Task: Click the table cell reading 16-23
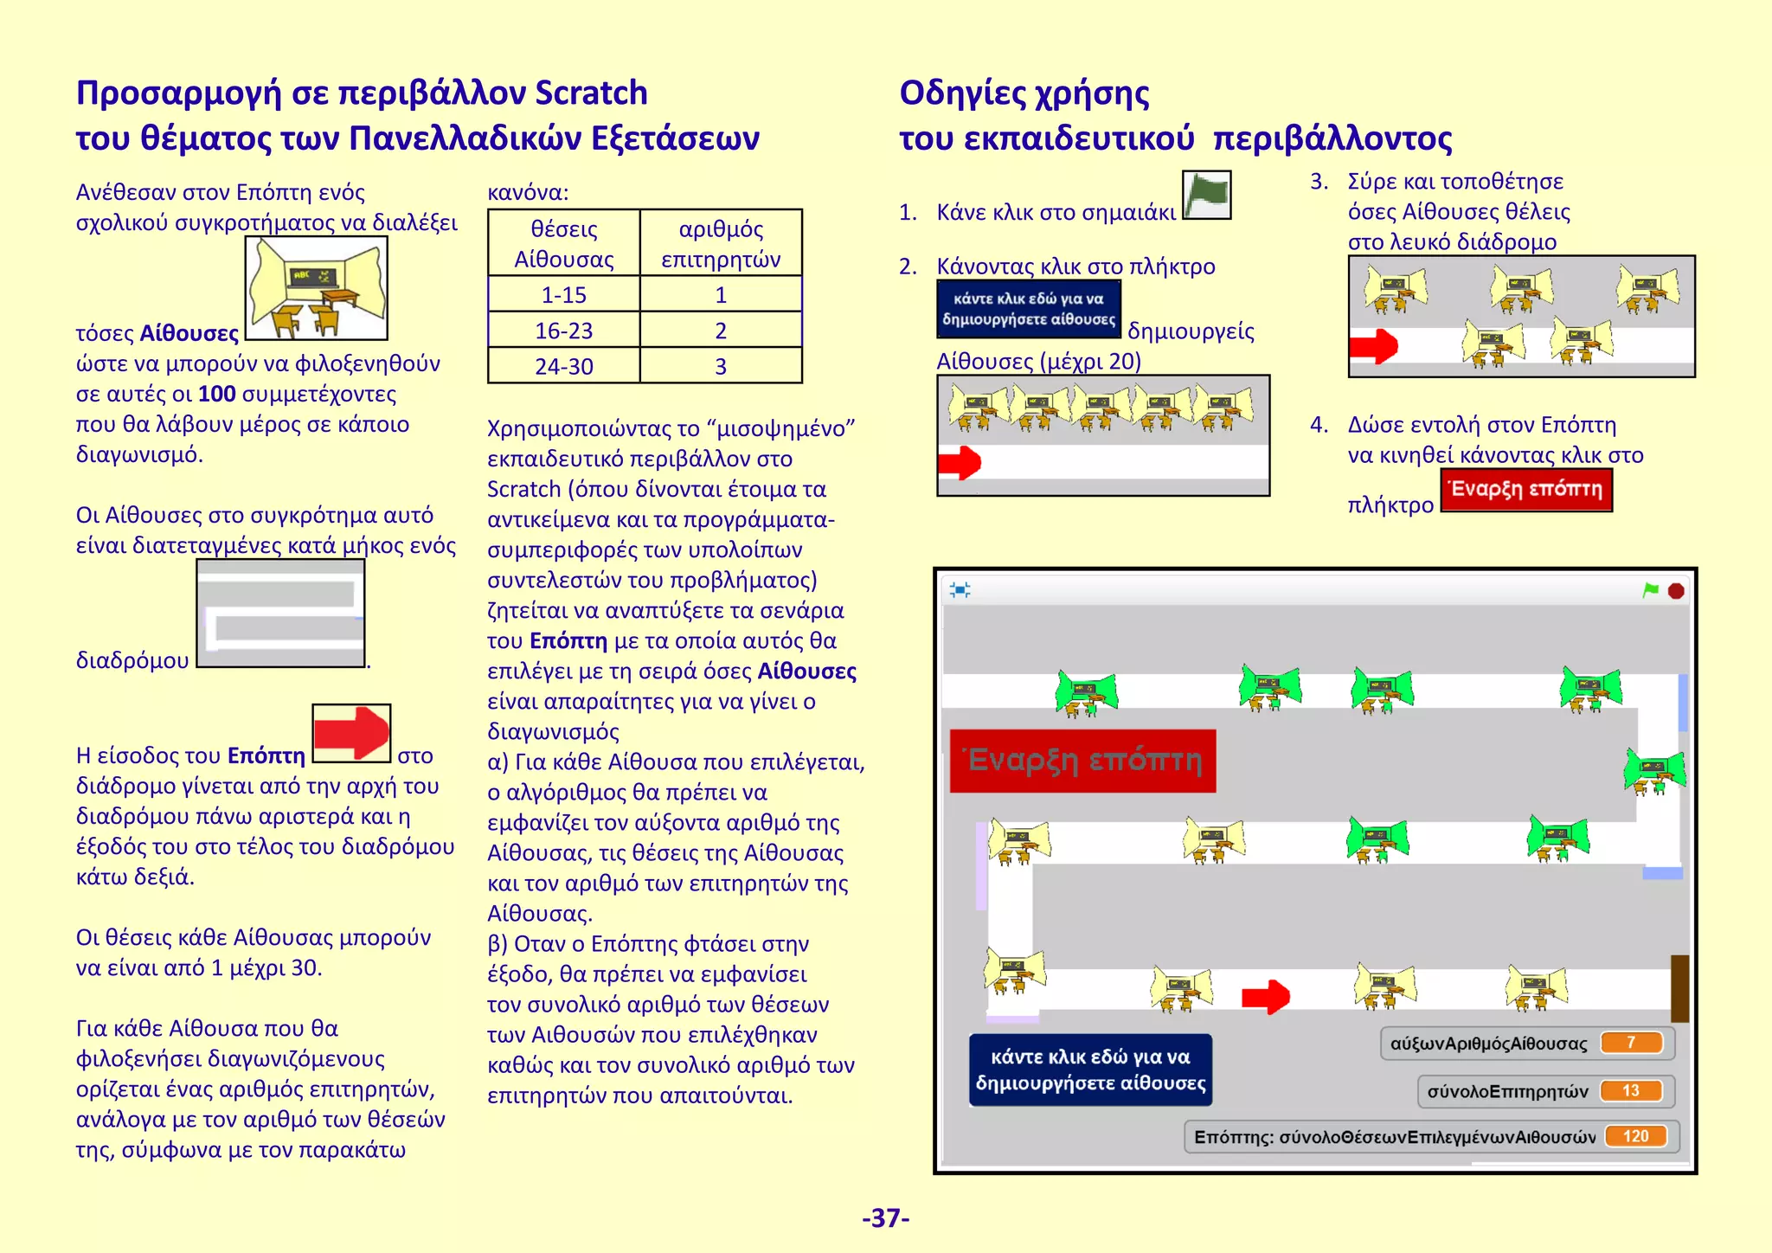(563, 331)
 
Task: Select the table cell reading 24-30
(563, 366)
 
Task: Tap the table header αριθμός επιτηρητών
(721, 244)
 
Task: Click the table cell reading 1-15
(563, 295)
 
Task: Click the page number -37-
(885, 1218)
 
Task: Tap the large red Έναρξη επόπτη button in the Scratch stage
(1082, 761)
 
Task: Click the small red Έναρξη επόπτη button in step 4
(1526, 490)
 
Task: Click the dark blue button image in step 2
(1029, 309)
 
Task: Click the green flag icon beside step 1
(1206, 195)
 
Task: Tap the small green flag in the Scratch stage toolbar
(1651, 590)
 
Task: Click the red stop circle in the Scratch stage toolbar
(1676, 591)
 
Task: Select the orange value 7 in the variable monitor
(1631, 1043)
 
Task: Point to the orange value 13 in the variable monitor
(1631, 1091)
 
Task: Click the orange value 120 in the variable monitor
(1635, 1136)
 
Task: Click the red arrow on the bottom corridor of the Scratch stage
(1266, 997)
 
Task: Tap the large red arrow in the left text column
(351, 733)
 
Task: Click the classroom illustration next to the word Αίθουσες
(317, 288)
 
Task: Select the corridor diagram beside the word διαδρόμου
(280, 614)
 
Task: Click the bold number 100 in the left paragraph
(216, 394)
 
